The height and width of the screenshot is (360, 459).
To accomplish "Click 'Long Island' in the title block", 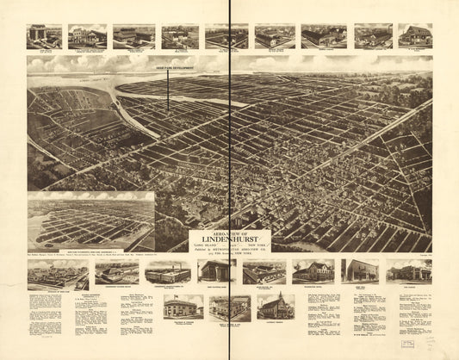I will (207, 247).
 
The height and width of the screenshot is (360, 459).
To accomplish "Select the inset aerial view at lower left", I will (90, 221).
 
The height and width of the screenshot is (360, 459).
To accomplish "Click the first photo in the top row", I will (43, 35).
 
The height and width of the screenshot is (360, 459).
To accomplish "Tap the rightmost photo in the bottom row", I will (408, 271).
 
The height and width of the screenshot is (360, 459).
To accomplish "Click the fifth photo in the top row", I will (226, 35).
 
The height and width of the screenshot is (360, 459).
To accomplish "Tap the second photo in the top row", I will (88, 35).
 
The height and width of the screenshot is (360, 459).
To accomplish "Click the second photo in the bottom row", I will (121, 273).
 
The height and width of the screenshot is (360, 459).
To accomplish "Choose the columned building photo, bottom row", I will (214, 271).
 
